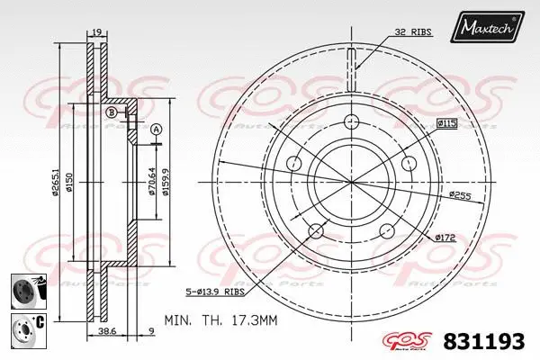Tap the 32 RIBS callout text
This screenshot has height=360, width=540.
click(x=413, y=31)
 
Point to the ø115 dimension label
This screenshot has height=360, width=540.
click(x=447, y=121)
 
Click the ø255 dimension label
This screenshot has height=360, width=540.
click(x=460, y=193)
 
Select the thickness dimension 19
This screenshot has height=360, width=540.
click(x=95, y=33)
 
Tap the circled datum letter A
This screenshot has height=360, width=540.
click(x=155, y=130)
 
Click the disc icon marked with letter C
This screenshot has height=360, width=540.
click(x=24, y=326)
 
